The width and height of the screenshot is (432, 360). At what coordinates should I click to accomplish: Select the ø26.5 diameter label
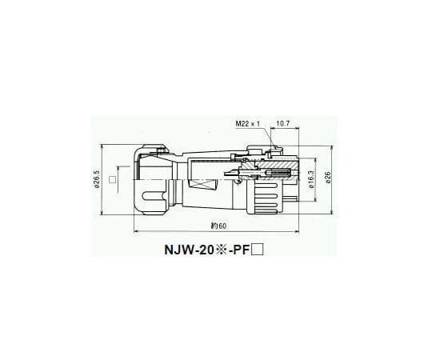[x=97, y=181]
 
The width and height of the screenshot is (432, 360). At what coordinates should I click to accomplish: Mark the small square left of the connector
[x=113, y=181]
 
